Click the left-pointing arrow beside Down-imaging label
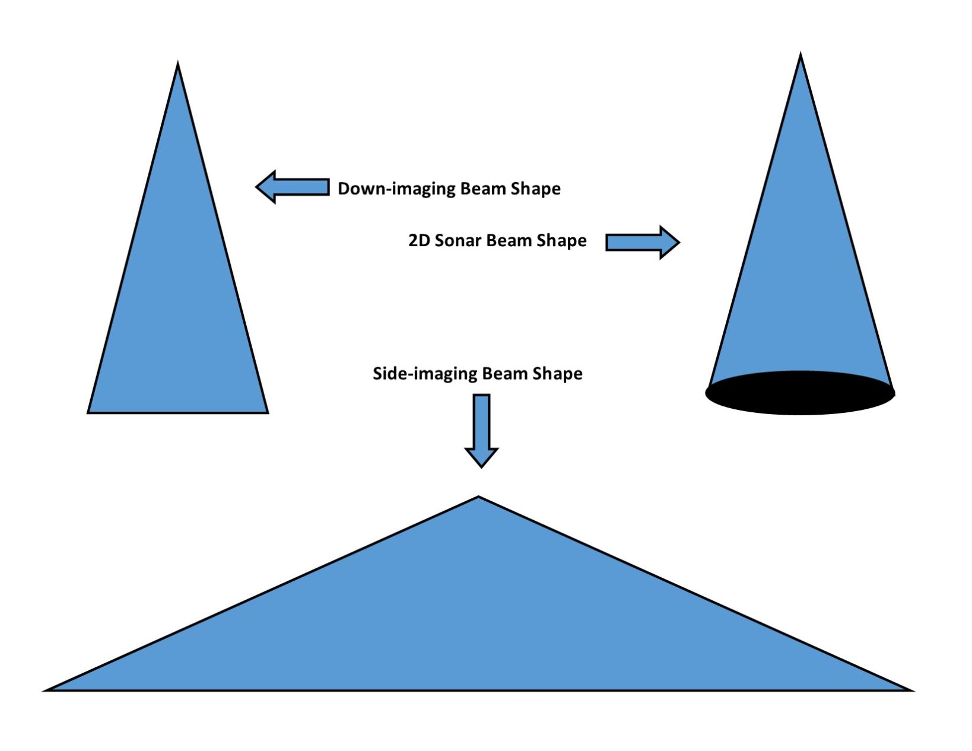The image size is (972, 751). pos(292,187)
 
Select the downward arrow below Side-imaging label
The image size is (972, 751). pos(481,430)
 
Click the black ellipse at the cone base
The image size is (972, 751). pos(800,393)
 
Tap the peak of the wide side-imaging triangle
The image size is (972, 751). pos(479,499)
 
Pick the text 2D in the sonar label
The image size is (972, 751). pos(420,240)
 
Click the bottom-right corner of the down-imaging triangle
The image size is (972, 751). pos(266,411)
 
